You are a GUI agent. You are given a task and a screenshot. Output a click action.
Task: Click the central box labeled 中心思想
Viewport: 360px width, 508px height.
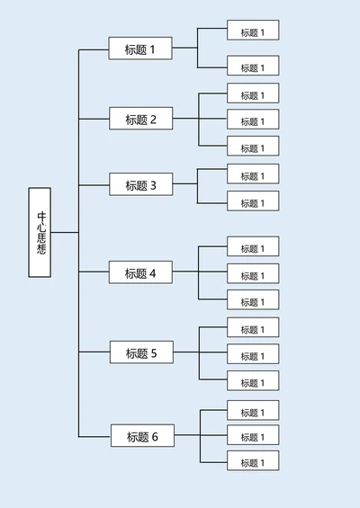tap(40, 232)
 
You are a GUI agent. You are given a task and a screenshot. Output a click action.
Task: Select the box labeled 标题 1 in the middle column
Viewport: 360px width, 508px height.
tap(139, 49)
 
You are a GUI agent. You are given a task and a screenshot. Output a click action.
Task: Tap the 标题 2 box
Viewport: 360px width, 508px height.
tap(140, 119)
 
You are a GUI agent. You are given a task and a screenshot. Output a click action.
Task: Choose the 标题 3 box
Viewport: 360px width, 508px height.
tap(140, 185)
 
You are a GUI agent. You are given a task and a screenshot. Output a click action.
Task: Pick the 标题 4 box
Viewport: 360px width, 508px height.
tap(140, 272)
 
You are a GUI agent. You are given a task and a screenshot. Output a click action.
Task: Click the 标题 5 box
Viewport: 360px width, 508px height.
tap(141, 353)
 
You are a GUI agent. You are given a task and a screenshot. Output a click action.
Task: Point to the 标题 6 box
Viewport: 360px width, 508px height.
tap(142, 437)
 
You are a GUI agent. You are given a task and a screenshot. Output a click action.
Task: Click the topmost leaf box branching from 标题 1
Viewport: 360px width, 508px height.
tap(252, 31)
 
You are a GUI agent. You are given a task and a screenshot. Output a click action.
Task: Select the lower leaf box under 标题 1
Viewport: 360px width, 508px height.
tap(252, 67)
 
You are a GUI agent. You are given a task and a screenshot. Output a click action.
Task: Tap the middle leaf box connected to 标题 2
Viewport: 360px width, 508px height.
tap(252, 120)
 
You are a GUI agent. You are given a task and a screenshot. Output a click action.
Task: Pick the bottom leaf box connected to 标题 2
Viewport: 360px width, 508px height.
tap(252, 147)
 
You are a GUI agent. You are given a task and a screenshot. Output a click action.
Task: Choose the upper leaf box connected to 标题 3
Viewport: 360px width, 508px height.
tap(252, 175)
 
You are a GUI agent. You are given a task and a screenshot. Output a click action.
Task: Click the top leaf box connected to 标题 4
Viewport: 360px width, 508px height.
tap(252, 247)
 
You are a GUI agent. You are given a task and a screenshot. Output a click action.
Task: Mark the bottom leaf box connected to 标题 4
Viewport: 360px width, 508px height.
tap(252, 301)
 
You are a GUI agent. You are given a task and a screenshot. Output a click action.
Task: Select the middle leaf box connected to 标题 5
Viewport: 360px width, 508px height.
tap(252, 355)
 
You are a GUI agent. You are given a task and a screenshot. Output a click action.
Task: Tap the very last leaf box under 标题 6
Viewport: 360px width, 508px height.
tap(252, 462)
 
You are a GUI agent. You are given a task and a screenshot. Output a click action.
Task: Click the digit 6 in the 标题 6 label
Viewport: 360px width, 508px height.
tap(155, 437)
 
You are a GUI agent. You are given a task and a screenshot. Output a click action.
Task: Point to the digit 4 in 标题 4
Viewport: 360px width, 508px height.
tap(153, 272)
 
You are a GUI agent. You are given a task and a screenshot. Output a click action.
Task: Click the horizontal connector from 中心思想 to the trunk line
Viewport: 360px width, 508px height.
tap(65, 232)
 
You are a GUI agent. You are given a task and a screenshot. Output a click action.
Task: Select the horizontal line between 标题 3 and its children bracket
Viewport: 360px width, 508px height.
tap(184, 185)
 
